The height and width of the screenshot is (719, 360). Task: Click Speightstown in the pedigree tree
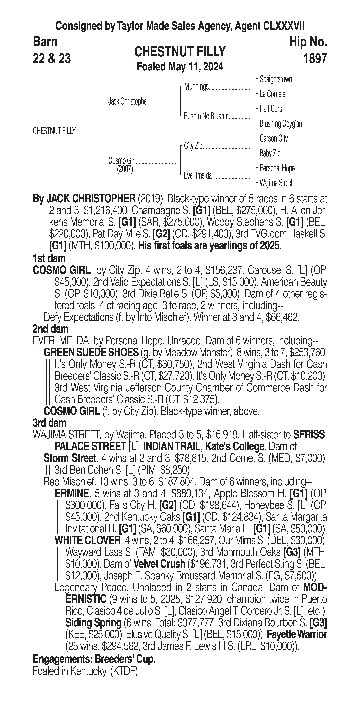(276, 79)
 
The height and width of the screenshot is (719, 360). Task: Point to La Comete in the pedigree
(272, 94)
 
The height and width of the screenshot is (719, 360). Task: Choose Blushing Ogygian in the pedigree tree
(281, 124)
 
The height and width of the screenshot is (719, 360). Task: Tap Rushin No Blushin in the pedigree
(206, 116)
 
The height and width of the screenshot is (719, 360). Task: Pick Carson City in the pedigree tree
(273, 138)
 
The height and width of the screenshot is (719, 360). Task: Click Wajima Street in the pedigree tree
(276, 183)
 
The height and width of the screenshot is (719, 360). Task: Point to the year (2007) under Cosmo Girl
(125, 169)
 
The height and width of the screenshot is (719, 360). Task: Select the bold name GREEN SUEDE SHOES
(91, 353)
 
